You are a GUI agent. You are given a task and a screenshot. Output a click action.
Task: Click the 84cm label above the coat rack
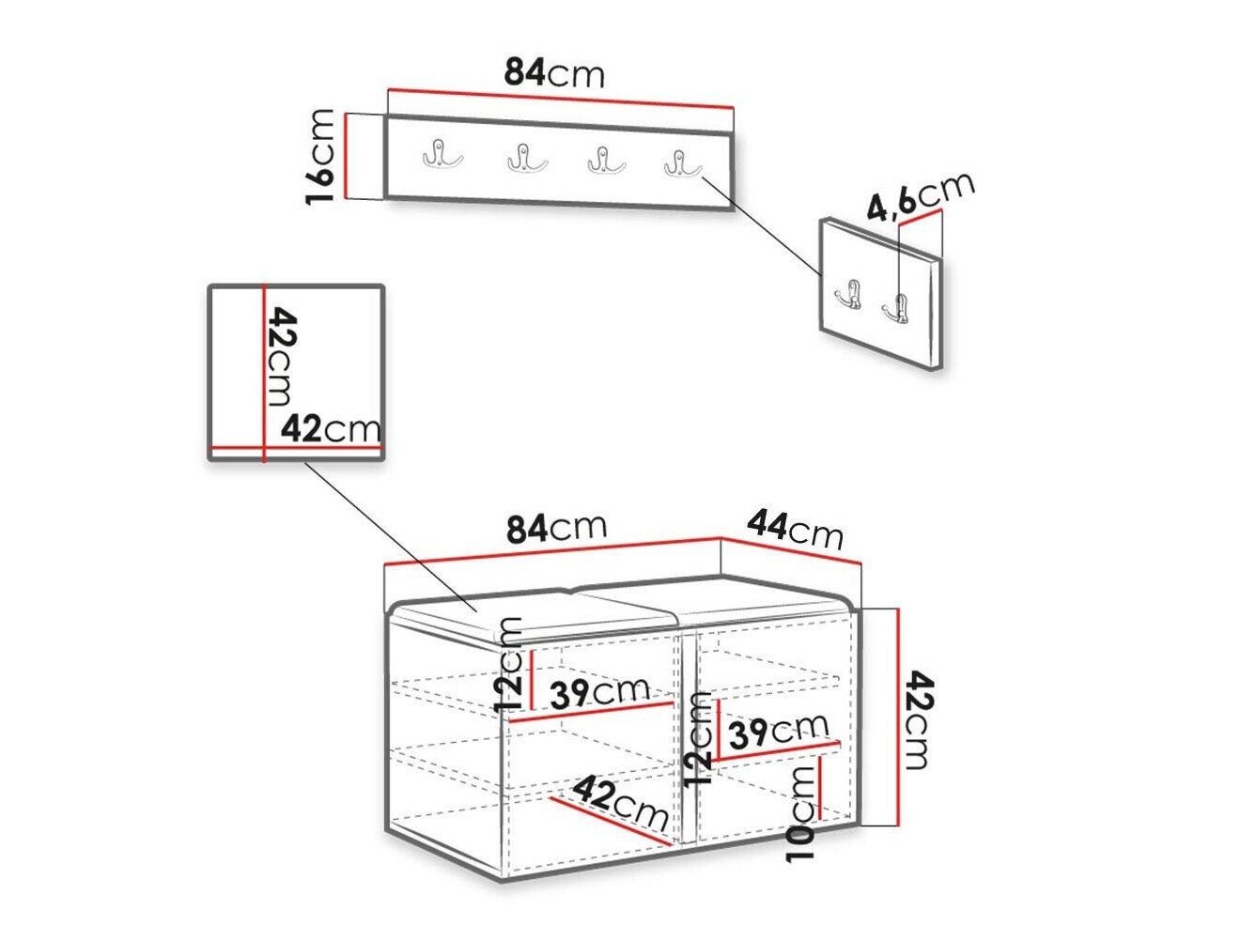click(x=553, y=73)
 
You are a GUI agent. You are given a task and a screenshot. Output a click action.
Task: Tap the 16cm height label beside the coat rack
click(x=319, y=156)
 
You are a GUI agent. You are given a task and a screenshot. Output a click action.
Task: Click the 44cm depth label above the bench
click(x=795, y=530)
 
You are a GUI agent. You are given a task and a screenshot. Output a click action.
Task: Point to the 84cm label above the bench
click(x=556, y=528)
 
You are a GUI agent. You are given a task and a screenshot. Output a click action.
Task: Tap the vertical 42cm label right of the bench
click(x=920, y=720)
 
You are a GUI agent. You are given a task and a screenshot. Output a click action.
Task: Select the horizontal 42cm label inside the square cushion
click(x=330, y=428)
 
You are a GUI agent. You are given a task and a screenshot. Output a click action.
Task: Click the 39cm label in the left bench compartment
click(x=599, y=692)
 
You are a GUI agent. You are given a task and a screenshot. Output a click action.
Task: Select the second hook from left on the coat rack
click(x=527, y=158)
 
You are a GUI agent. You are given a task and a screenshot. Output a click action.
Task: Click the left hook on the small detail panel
click(x=848, y=293)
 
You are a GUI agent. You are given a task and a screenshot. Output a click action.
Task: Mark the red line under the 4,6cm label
click(x=920, y=218)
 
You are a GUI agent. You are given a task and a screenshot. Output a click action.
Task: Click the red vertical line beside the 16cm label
click(x=347, y=156)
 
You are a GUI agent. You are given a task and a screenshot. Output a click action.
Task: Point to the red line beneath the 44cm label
click(x=790, y=550)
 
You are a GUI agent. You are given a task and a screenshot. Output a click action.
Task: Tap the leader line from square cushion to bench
click(x=390, y=536)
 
